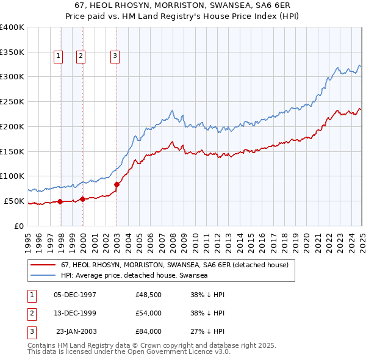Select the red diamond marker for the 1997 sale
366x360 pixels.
(60, 202)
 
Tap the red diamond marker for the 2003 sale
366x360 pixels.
(117, 184)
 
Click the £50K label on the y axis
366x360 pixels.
(14, 201)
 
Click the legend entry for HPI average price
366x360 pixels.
(134, 275)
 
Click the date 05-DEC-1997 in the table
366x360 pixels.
(75, 295)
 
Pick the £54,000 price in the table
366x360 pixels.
(149, 314)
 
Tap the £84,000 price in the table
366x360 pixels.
(149, 332)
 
